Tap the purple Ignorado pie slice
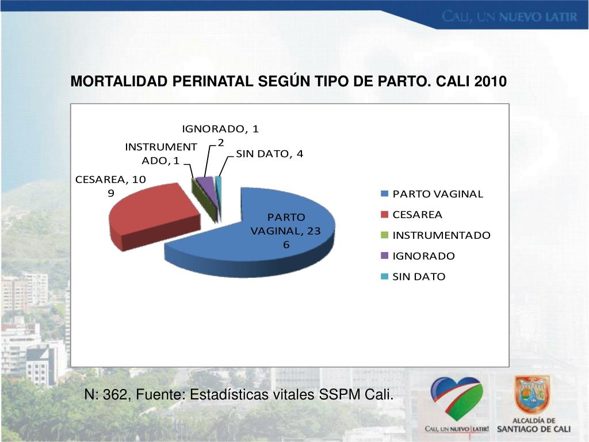[206, 187]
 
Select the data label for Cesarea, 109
[110, 186]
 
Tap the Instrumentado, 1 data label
[160, 154]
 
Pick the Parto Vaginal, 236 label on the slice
[285, 230]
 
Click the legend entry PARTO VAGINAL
[437, 194]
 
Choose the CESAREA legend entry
[417, 215]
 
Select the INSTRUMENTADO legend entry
[441, 235]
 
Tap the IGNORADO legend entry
[423, 256]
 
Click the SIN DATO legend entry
[419, 277]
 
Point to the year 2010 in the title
[491, 82]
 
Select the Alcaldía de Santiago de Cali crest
[532, 395]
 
